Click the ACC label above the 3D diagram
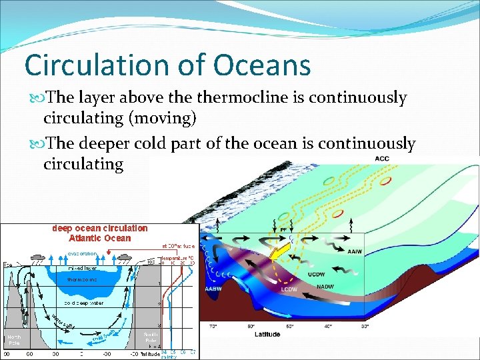(382, 159)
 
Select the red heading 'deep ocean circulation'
(100, 229)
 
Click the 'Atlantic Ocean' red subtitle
(100, 238)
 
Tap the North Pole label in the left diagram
(15, 339)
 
